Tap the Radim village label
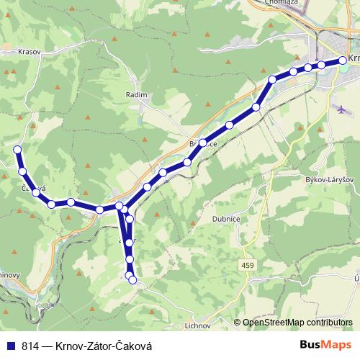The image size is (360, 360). [x=136, y=94]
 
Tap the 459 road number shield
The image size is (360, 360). [x=248, y=266]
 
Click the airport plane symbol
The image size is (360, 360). [x=341, y=109]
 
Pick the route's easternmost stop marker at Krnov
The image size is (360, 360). [x=342, y=61]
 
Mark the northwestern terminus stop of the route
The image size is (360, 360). [x=17, y=150]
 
